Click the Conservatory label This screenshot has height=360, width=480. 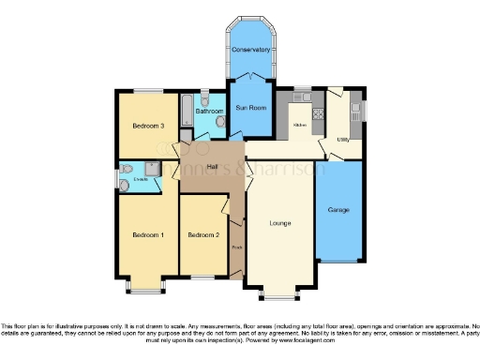pos(251,49)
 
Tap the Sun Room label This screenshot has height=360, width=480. pos(251,108)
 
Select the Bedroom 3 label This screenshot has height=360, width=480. pos(148,126)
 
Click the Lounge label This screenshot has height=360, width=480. pos(279,223)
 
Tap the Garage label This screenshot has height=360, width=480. pos(338,209)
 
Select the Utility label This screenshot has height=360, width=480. pos(343,139)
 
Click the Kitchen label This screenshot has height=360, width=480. pos(301,124)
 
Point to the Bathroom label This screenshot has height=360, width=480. pos(208,110)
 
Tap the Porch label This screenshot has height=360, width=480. pos(237,248)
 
